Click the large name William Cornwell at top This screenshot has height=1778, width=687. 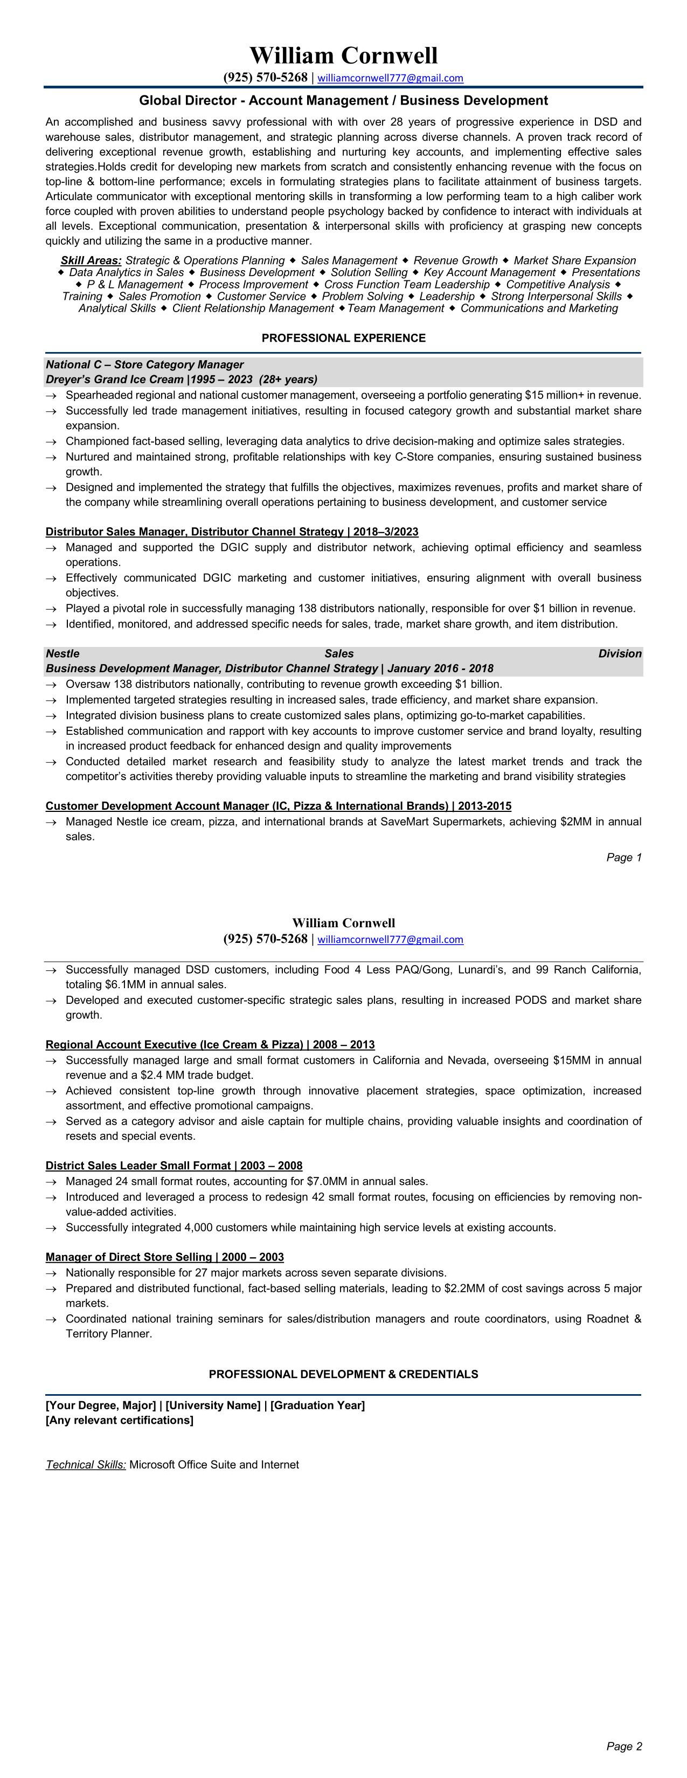tap(344, 55)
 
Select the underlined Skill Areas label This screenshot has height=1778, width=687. tap(91, 260)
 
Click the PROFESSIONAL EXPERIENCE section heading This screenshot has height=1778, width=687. tap(344, 338)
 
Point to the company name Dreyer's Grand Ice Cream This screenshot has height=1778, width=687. tap(114, 379)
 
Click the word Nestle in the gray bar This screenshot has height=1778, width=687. tap(63, 653)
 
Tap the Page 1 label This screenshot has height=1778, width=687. tap(623, 857)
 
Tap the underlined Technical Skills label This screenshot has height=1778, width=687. tap(86, 1464)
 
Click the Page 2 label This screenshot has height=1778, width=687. tap(623, 1746)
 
